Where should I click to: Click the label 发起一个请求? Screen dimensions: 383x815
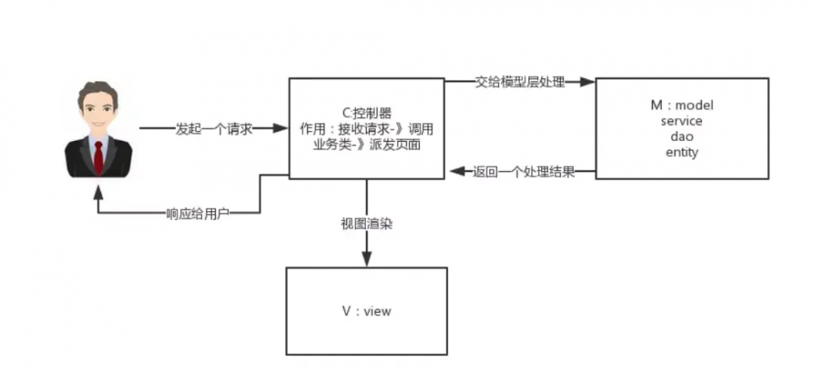click(x=214, y=129)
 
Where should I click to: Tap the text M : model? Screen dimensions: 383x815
click(x=682, y=106)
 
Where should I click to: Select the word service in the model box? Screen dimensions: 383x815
click(x=682, y=121)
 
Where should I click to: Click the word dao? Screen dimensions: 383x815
click(x=682, y=136)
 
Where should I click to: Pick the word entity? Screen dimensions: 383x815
click(x=682, y=152)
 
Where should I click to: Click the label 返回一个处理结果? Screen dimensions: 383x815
click(x=524, y=172)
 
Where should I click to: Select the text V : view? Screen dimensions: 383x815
click(x=366, y=310)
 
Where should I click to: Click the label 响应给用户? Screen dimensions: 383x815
click(x=197, y=214)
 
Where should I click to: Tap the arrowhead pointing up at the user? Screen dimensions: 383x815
click(x=98, y=194)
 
